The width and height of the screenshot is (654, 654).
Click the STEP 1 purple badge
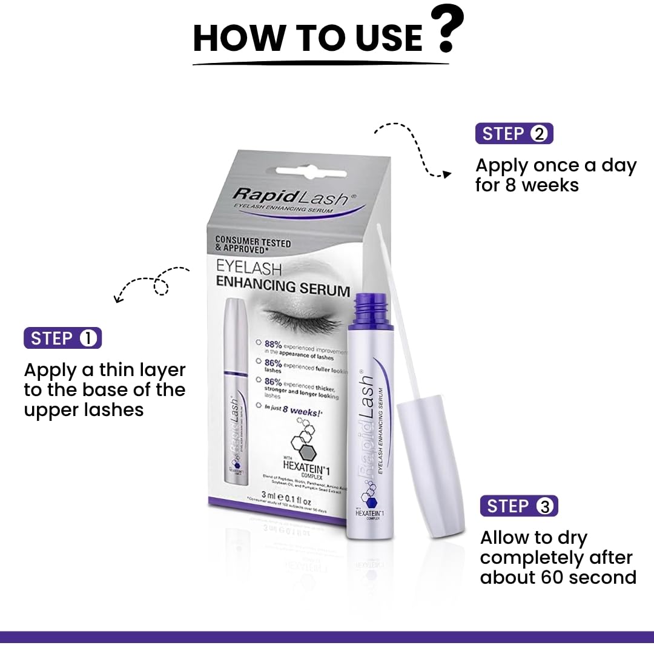click(62, 339)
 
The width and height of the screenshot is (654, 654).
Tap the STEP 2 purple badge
click(514, 133)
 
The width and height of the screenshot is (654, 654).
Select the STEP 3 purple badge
click(519, 506)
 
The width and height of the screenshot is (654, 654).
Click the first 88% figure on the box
click(274, 344)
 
